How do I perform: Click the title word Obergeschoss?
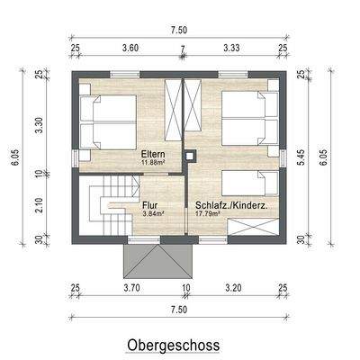coord(173,345)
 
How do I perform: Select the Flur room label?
coord(150,205)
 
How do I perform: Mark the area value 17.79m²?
coord(210,214)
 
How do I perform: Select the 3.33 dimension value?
coord(231,47)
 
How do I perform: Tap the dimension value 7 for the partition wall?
coord(183,47)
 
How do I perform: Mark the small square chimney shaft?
coord(190,156)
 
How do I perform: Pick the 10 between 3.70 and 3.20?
coord(185,290)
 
